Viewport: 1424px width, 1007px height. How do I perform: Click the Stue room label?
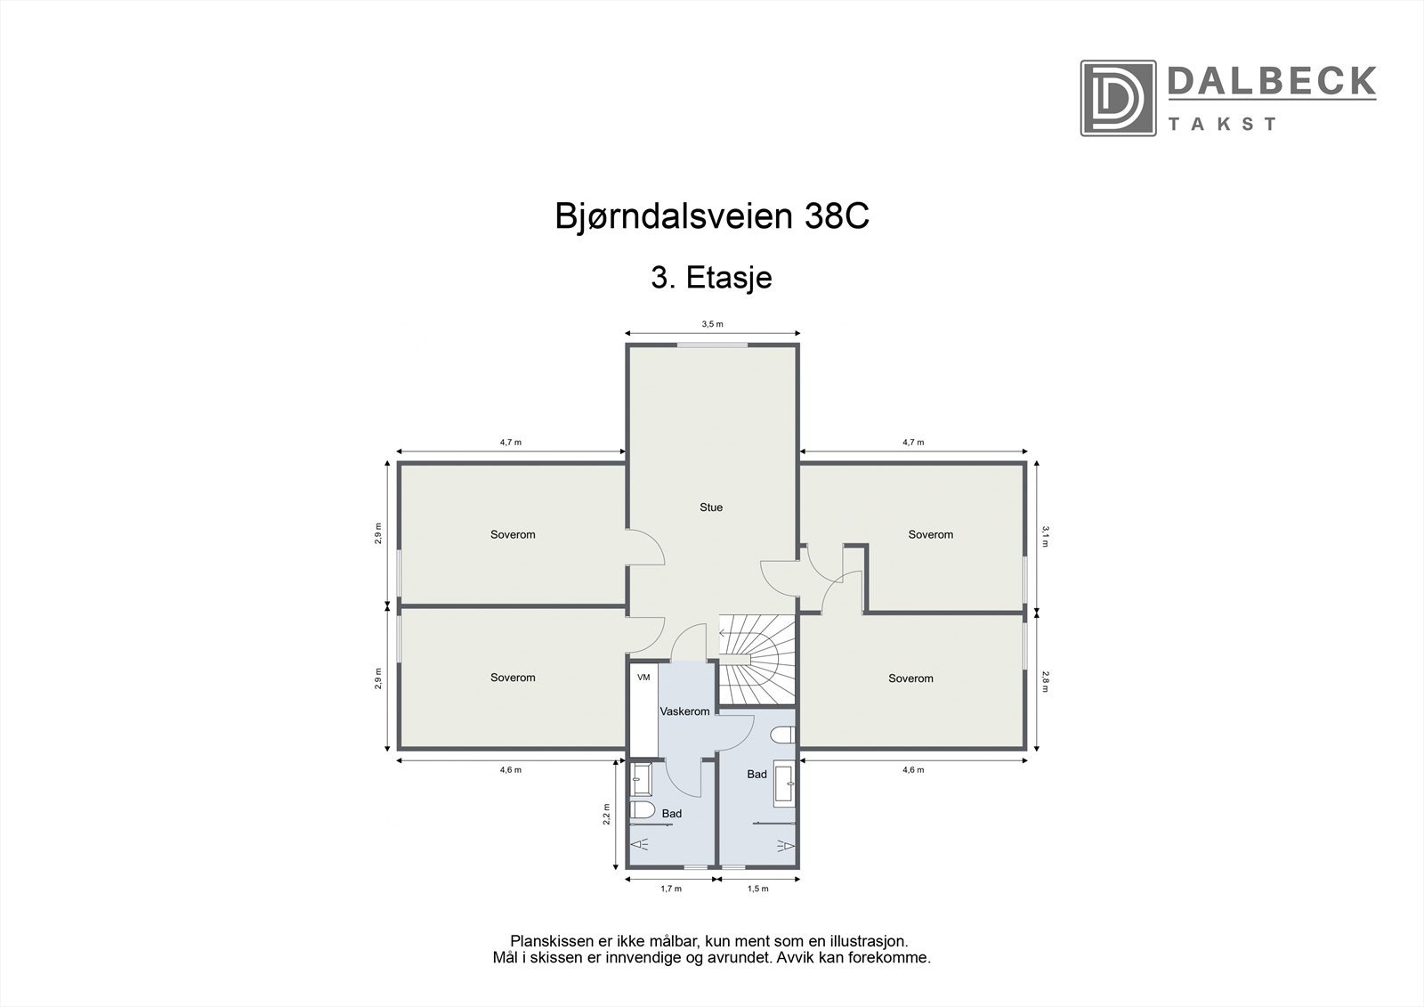(710, 508)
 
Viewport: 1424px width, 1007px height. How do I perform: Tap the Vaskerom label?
(684, 711)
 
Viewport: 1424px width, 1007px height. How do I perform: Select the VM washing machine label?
(643, 678)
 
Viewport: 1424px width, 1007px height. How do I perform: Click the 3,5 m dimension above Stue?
(712, 325)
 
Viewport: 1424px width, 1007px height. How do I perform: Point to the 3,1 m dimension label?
(1046, 535)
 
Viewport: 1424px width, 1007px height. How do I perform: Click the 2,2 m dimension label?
(606, 816)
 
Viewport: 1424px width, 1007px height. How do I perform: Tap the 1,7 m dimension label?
(670, 889)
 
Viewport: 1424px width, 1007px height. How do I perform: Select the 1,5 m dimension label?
(758, 889)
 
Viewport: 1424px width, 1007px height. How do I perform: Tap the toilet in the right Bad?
(781, 735)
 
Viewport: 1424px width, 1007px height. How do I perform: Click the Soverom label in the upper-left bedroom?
(513, 535)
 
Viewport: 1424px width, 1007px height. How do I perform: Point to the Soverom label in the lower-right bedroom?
(910, 678)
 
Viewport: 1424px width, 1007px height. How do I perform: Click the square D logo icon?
(1118, 98)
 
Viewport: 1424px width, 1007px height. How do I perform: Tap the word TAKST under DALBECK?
(1222, 124)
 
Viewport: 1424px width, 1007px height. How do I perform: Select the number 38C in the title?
(836, 217)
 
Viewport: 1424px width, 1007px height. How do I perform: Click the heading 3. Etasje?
(711, 278)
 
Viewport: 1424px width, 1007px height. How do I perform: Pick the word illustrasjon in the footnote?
(865, 941)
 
